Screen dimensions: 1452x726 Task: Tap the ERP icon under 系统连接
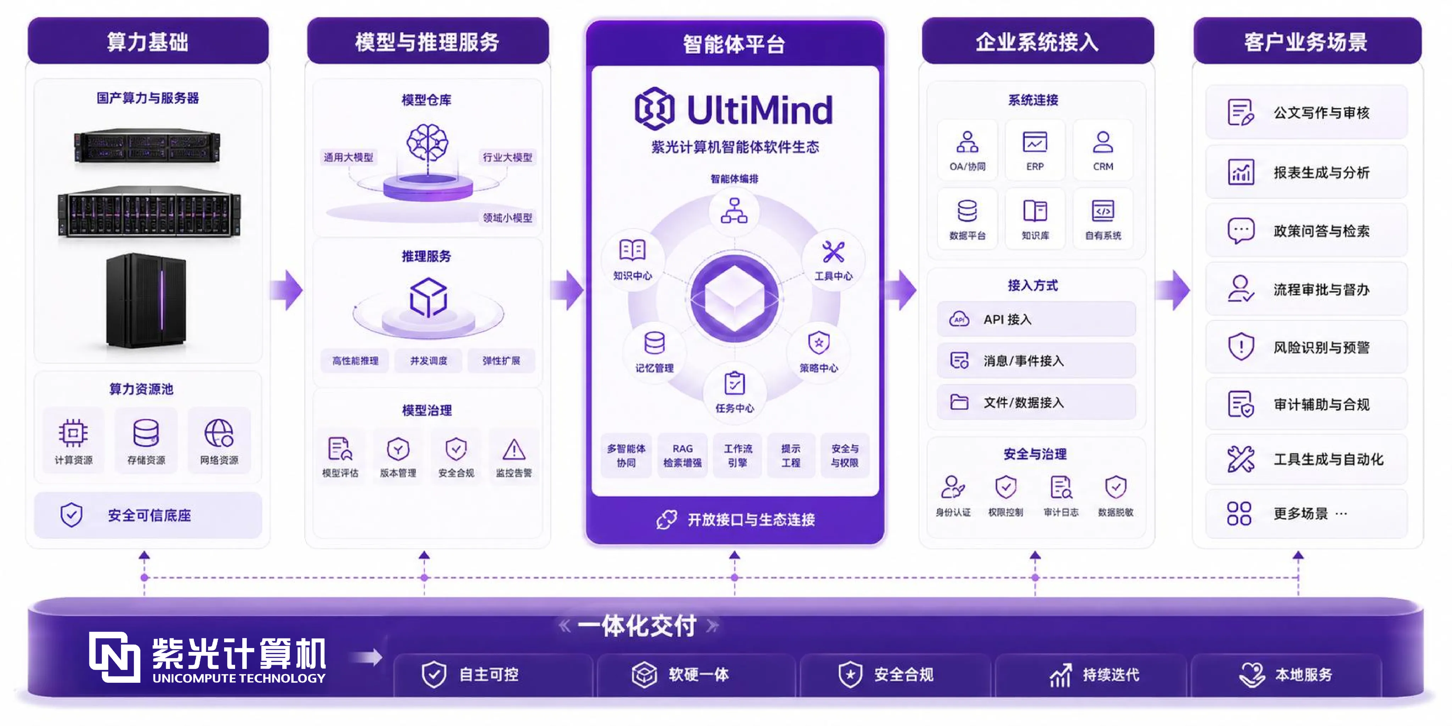pos(1035,142)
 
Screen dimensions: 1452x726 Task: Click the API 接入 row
pos(1036,319)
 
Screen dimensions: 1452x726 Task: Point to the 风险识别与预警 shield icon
pos(1241,347)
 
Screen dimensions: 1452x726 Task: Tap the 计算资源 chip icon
pos(73,433)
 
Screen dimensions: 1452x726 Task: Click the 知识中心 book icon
pos(633,250)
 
